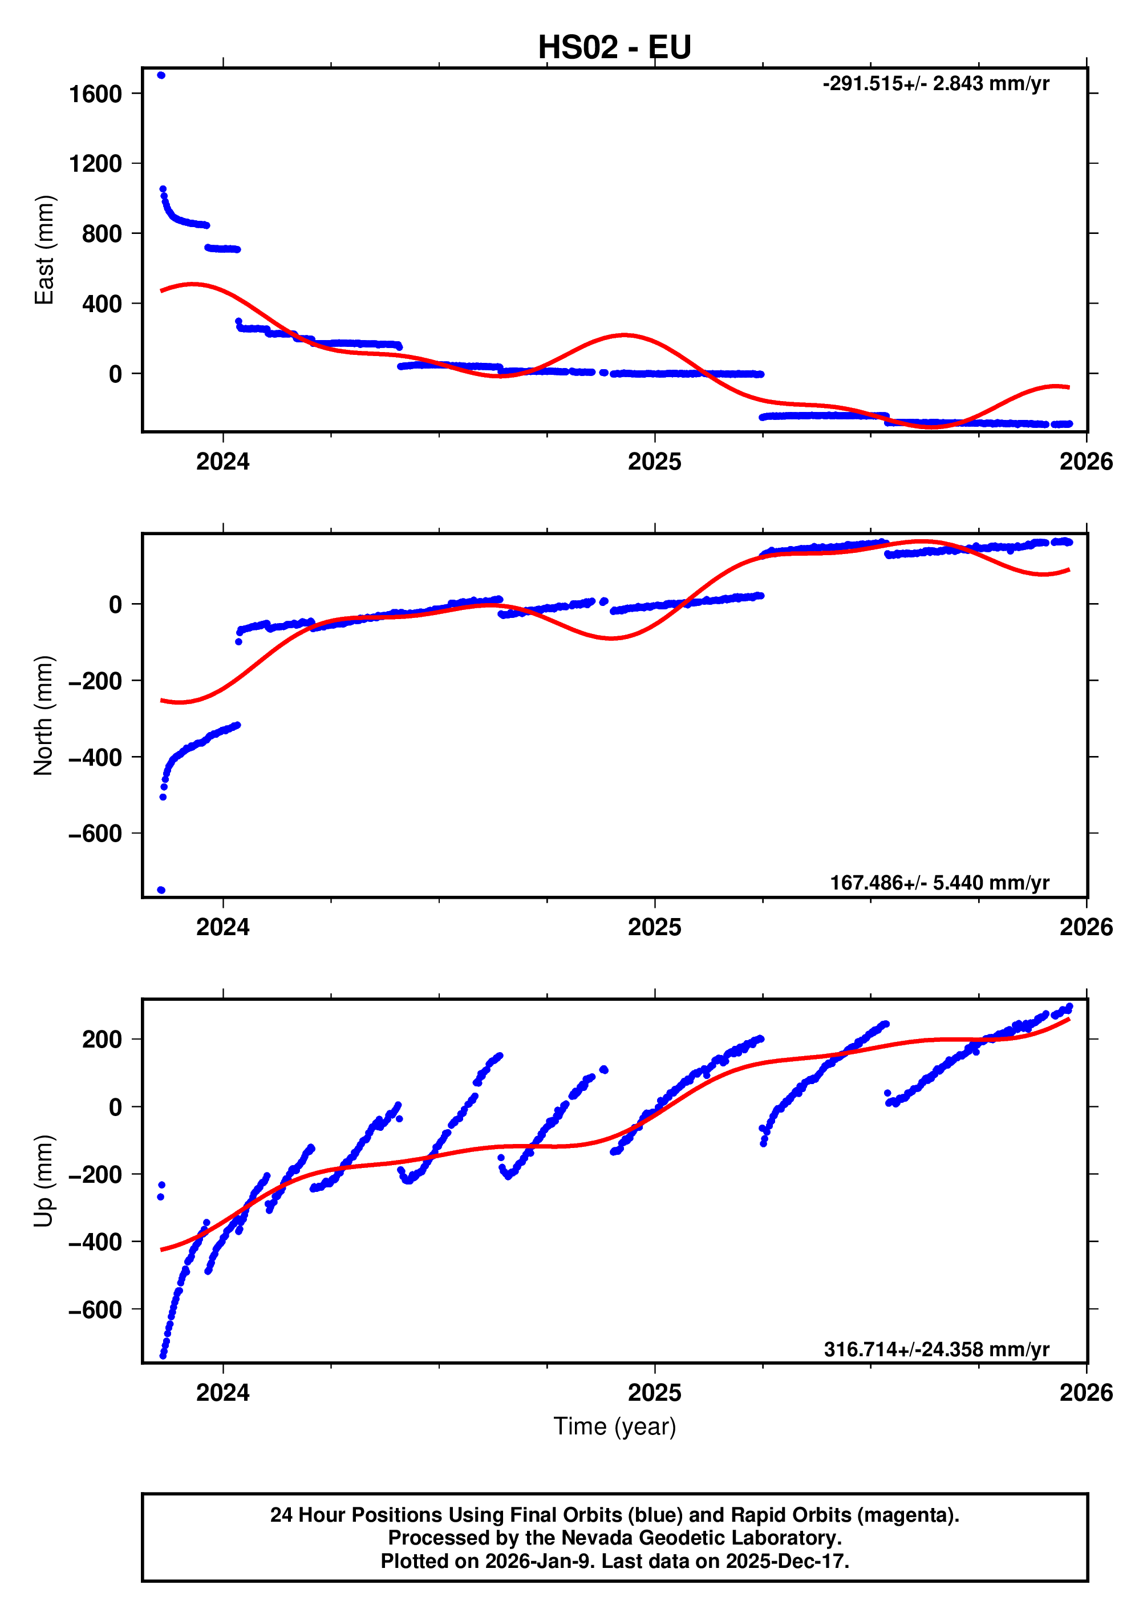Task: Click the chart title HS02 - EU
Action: [614, 48]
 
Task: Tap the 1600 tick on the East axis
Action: [95, 94]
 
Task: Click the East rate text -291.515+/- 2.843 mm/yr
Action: [935, 84]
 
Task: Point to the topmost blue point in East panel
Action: [161, 75]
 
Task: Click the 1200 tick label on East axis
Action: [95, 164]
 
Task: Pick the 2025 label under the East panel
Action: [654, 462]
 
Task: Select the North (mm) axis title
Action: [44, 715]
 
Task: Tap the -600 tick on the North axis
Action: [95, 834]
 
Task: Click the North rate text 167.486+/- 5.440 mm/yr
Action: [939, 883]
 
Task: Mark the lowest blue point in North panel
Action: [161, 890]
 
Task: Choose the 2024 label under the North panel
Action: [222, 928]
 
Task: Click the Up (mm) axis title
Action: [44, 1181]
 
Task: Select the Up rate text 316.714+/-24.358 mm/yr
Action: [936, 1349]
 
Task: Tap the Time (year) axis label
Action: [614, 1426]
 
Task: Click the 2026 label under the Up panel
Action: [1085, 1393]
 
